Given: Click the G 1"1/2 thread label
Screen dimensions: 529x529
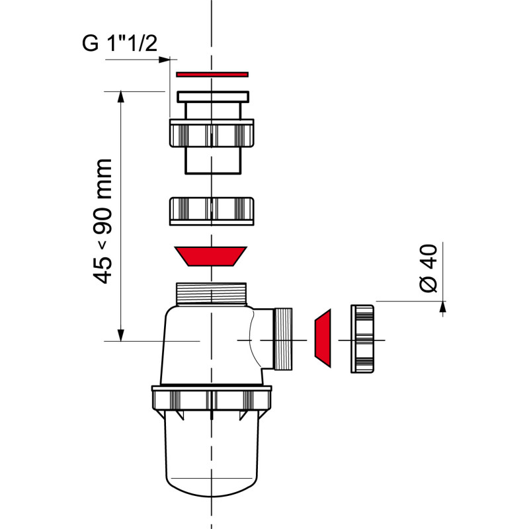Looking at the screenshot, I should [119, 43].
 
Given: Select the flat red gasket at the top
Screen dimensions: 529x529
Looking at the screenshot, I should [212, 74].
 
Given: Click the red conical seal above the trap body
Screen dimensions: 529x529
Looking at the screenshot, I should [210, 256].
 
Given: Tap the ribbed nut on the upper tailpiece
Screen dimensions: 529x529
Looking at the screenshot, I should [212, 134].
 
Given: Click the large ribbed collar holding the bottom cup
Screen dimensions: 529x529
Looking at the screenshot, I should [212, 399].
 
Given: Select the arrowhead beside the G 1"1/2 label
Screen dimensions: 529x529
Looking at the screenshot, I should [164, 60].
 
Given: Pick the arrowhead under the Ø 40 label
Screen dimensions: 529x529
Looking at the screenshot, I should [442, 305].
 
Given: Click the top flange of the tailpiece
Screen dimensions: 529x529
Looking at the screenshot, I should [212, 97].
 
